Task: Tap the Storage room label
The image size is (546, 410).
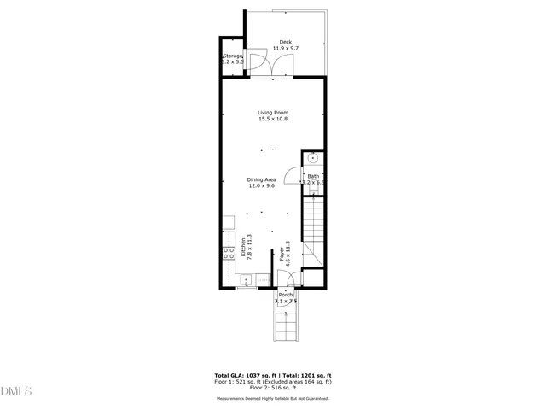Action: tap(233, 56)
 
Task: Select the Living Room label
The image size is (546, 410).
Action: tap(273, 113)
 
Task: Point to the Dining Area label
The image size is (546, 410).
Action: tap(261, 179)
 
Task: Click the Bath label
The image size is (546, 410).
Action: tap(313, 176)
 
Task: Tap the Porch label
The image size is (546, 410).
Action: tap(285, 295)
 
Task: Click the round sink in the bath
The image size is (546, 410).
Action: tap(313, 158)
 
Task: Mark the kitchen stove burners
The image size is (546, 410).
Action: tap(229, 252)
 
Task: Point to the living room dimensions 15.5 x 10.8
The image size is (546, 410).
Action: tap(273, 119)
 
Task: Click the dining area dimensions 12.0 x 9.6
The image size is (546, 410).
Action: tap(261, 185)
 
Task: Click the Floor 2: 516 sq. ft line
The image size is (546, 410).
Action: tap(273, 389)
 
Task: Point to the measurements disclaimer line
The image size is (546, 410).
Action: tap(273, 397)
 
